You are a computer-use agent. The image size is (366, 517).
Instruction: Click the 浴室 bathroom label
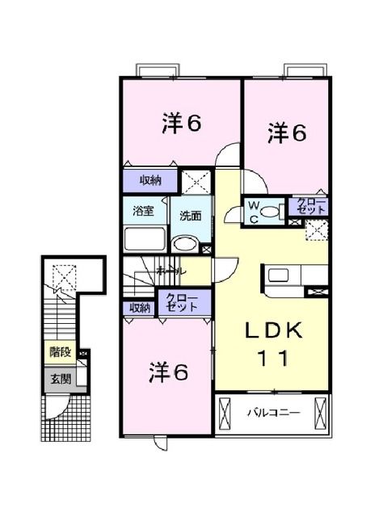coord(144,212)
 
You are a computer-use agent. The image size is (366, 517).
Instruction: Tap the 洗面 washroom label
coord(191,216)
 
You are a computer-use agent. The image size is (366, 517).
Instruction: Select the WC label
coord(253,212)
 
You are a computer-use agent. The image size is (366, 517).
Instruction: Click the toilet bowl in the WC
coord(234,212)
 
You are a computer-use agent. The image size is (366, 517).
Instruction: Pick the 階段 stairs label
coord(59,352)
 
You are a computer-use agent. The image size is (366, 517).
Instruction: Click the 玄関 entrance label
coord(59,378)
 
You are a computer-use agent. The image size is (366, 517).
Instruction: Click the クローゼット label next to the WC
coord(312,206)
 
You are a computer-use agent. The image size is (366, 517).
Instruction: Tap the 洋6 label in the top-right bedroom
coord(288,132)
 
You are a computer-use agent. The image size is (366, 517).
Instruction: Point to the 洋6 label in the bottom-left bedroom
coord(168,372)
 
